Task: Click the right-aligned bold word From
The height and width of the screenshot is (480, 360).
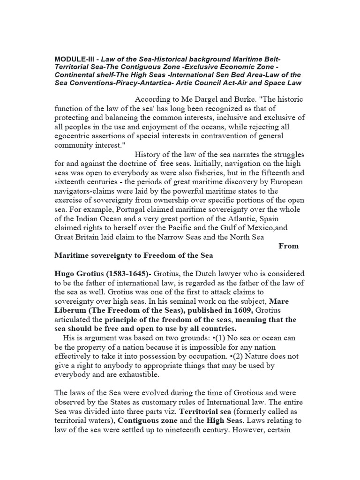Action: [288, 246]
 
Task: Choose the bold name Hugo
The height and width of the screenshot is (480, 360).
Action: [66, 273]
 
